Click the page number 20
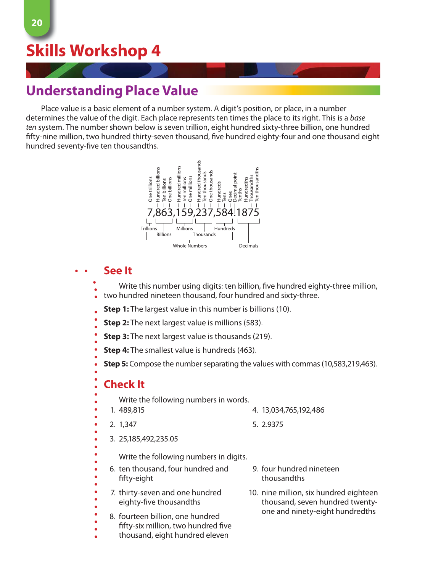(x=37, y=23)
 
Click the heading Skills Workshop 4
(x=93, y=51)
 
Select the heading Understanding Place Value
(x=112, y=91)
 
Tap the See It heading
(x=117, y=271)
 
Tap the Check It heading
(x=124, y=384)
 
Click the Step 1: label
(x=116, y=309)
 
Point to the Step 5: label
(x=116, y=364)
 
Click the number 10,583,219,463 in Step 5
(x=349, y=364)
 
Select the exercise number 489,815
(x=132, y=410)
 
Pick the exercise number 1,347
(x=128, y=425)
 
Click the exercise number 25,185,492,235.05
(x=148, y=439)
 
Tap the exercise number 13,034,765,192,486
(x=293, y=410)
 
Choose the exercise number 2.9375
(x=272, y=425)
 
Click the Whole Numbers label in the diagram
(x=190, y=246)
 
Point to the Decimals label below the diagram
(x=248, y=246)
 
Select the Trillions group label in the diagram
(x=149, y=229)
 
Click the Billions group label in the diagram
(x=164, y=235)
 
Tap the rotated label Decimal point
(x=235, y=187)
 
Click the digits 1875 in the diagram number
(x=248, y=212)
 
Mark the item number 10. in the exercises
(x=253, y=493)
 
